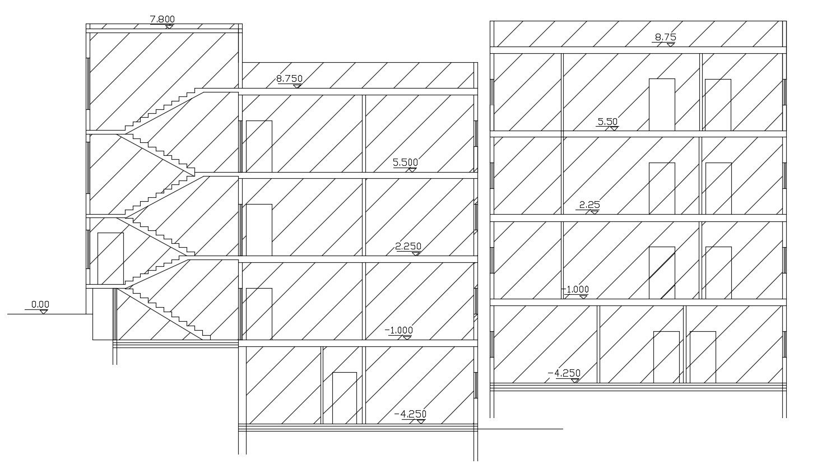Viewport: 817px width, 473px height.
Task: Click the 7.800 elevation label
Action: [162, 20]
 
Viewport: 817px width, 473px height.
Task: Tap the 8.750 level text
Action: [289, 79]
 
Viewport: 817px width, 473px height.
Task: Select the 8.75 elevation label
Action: [665, 38]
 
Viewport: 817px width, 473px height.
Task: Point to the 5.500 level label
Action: [405, 163]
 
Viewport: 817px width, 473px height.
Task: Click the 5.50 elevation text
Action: [607, 121]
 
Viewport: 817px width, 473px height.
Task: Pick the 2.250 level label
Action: [408, 246]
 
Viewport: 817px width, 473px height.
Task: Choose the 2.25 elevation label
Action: [589, 205]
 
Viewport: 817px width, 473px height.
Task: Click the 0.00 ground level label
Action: [40, 304]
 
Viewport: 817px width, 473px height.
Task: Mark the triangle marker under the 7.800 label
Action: [168, 26]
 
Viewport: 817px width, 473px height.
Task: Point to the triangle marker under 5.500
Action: [412, 169]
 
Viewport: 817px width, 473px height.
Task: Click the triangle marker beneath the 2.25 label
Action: [595, 211]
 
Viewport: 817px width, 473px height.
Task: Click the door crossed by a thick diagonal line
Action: [662, 272]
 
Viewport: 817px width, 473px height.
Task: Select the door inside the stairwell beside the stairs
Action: [110, 258]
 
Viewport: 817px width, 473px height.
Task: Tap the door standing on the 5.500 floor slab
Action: [259, 146]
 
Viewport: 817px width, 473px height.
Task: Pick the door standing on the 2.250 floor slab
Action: [259, 230]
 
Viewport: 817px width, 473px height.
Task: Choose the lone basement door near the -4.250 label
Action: [344, 397]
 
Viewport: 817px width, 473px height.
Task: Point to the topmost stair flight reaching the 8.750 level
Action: [163, 109]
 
